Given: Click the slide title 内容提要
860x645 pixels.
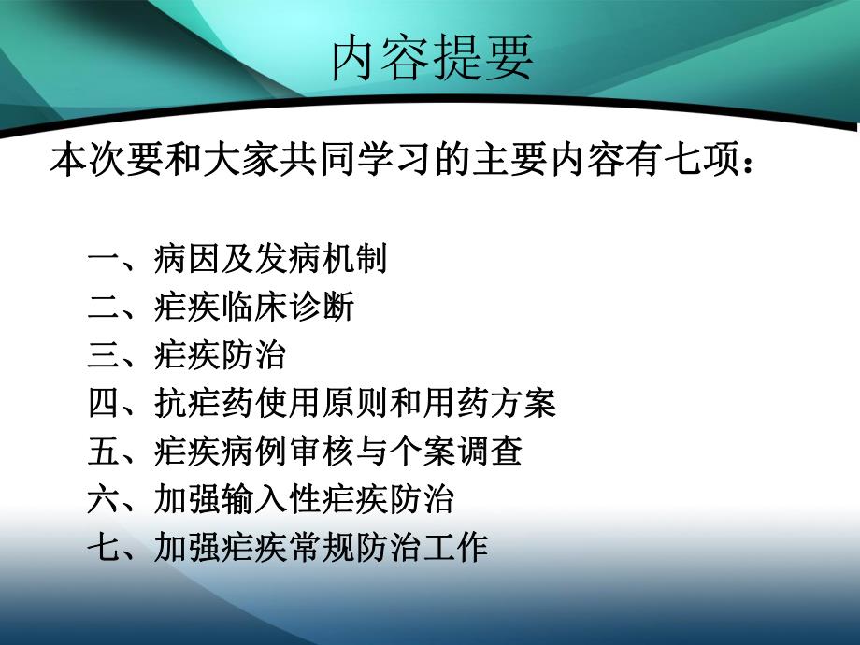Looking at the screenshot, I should point(432,58).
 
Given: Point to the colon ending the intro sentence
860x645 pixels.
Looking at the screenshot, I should point(744,161).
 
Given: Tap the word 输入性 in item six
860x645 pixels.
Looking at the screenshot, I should point(270,500).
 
